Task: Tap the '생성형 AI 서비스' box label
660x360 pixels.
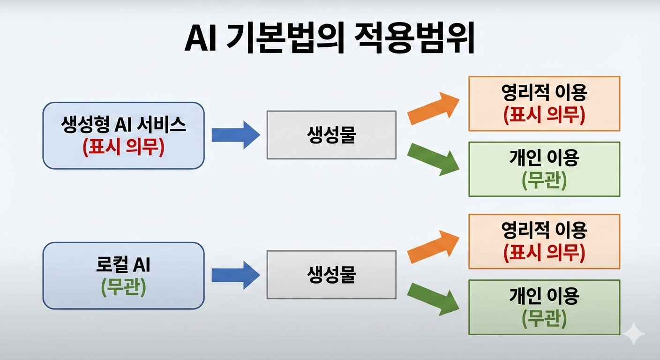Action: click(x=123, y=124)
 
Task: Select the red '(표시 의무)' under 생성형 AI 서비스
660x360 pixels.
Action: click(x=123, y=147)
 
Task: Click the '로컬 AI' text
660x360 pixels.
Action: click(x=123, y=264)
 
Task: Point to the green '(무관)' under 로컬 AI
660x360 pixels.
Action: click(x=123, y=287)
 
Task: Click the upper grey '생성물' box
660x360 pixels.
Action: click(x=331, y=135)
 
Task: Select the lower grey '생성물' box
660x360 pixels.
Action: click(x=331, y=275)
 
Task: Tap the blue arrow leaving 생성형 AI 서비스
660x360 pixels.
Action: click(x=236, y=135)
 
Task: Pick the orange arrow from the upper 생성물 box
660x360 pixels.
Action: click(x=433, y=108)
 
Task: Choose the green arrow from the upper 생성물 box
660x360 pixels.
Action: click(x=433, y=160)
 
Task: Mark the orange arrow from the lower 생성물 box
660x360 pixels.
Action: click(x=433, y=247)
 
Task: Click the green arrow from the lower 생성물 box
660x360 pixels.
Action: click(x=433, y=300)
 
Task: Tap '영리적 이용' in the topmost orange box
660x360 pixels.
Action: click(x=544, y=92)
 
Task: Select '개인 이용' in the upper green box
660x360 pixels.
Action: click(x=544, y=157)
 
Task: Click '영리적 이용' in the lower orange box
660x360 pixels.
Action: click(x=544, y=230)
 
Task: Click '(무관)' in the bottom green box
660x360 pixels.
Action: click(x=544, y=318)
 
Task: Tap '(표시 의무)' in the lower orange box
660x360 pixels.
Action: click(x=544, y=253)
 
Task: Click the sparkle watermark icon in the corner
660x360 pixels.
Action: click(x=634, y=333)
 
